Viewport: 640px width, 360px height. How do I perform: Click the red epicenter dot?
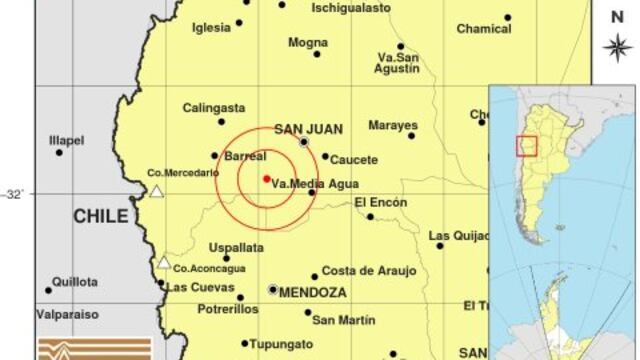(x=266, y=179)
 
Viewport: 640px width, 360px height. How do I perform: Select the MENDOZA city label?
(x=313, y=293)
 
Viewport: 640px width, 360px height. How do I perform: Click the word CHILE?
(x=100, y=216)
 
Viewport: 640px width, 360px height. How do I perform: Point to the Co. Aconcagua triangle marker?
(x=163, y=263)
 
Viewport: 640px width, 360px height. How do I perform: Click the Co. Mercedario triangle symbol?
(x=156, y=190)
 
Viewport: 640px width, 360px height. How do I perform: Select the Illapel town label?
(x=67, y=140)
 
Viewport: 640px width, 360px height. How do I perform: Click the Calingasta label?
(x=214, y=108)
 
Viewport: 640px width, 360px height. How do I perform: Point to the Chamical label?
(x=484, y=29)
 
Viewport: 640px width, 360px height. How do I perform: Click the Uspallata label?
(x=236, y=247)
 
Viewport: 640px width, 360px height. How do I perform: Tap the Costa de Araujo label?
(x=361, y=270)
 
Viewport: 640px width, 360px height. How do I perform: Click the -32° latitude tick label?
(x=16, y=194)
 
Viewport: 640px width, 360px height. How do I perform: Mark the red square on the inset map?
(x=527, y=146)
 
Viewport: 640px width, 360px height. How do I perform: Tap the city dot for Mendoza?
(x=273, y=289)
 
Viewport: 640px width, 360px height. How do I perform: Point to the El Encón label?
(x=381, y=203)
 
